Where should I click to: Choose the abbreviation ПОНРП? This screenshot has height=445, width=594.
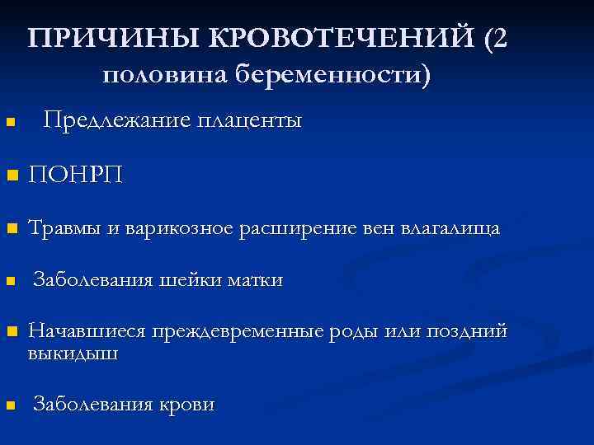point(75,176)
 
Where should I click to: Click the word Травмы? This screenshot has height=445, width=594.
point(68,228)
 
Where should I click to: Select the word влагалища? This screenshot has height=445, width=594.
point(449,228)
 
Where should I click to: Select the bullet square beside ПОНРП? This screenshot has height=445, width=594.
point(11,176)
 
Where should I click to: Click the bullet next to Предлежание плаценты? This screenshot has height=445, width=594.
point(11,124)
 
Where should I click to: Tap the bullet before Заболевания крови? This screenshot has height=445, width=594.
point(11,405)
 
